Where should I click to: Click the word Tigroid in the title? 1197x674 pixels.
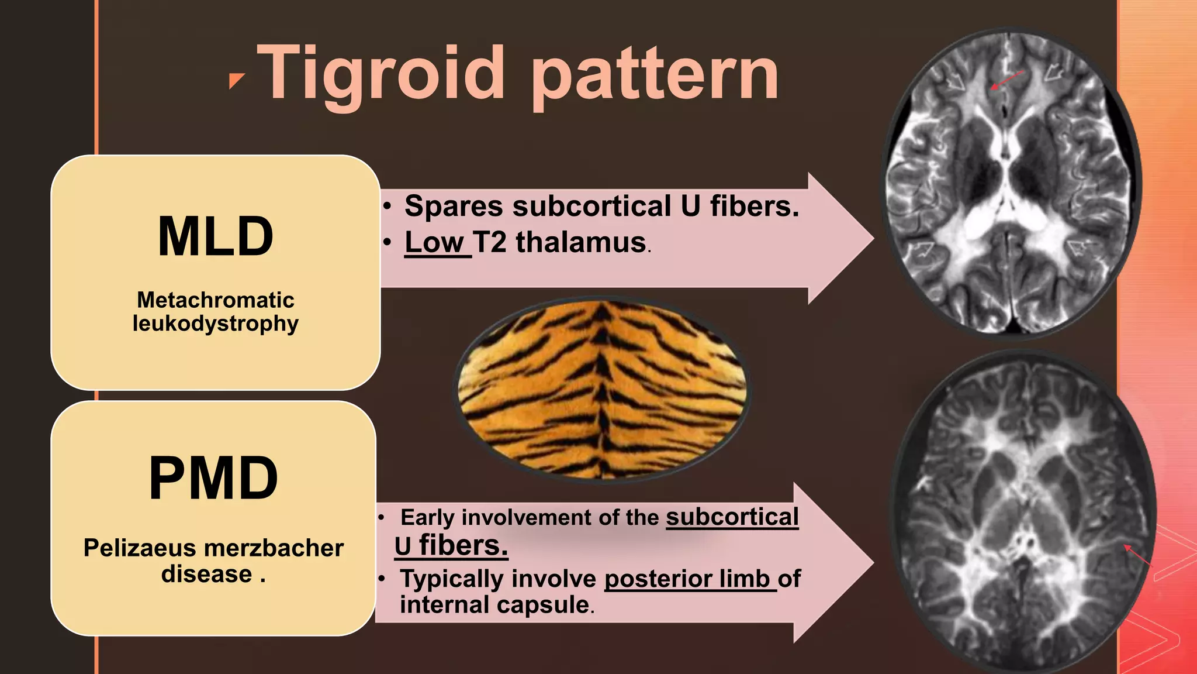tap(380, 74)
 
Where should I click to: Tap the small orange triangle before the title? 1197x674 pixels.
tap(236, 81)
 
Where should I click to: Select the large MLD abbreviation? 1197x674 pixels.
tap(215, 236)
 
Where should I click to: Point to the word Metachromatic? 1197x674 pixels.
tap(215, 300)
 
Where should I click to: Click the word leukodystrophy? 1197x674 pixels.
tap(215, 324)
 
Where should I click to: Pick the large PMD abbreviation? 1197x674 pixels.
tap(213, 478)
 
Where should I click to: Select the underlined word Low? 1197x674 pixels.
tap(435, 242)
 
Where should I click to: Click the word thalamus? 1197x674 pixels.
tap(580, 242)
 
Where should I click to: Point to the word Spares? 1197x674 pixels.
tap(454, 206)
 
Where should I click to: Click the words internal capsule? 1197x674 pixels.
tap(494, 604)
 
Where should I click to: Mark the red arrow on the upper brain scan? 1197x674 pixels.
tap(1007, 80)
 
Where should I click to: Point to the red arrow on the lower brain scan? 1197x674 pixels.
tap(1137, 555)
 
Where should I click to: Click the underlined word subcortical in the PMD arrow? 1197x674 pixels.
tap(732, 517)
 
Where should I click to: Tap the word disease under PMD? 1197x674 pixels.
tap(207, 574)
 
